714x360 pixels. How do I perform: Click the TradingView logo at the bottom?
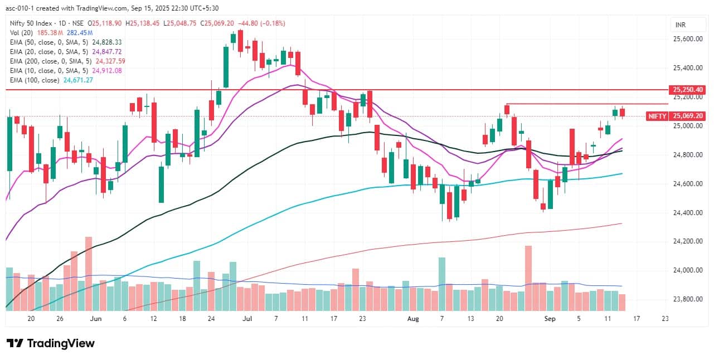click(51, 343)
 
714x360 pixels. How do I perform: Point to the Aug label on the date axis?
click(412, 319)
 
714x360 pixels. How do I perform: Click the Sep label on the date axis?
click(550, 319)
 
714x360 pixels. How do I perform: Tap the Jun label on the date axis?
click(96, 319)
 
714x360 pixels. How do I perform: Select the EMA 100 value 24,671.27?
click(78, 80)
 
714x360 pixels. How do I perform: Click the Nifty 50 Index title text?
click(34, 23)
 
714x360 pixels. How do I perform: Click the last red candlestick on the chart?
click(623, 112)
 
